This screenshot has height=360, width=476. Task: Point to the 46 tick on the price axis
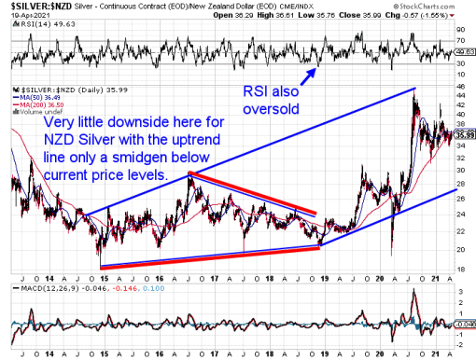coord(461,87)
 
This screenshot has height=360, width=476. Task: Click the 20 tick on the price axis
coord(461,250)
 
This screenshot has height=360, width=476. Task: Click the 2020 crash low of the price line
coord(392,253)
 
